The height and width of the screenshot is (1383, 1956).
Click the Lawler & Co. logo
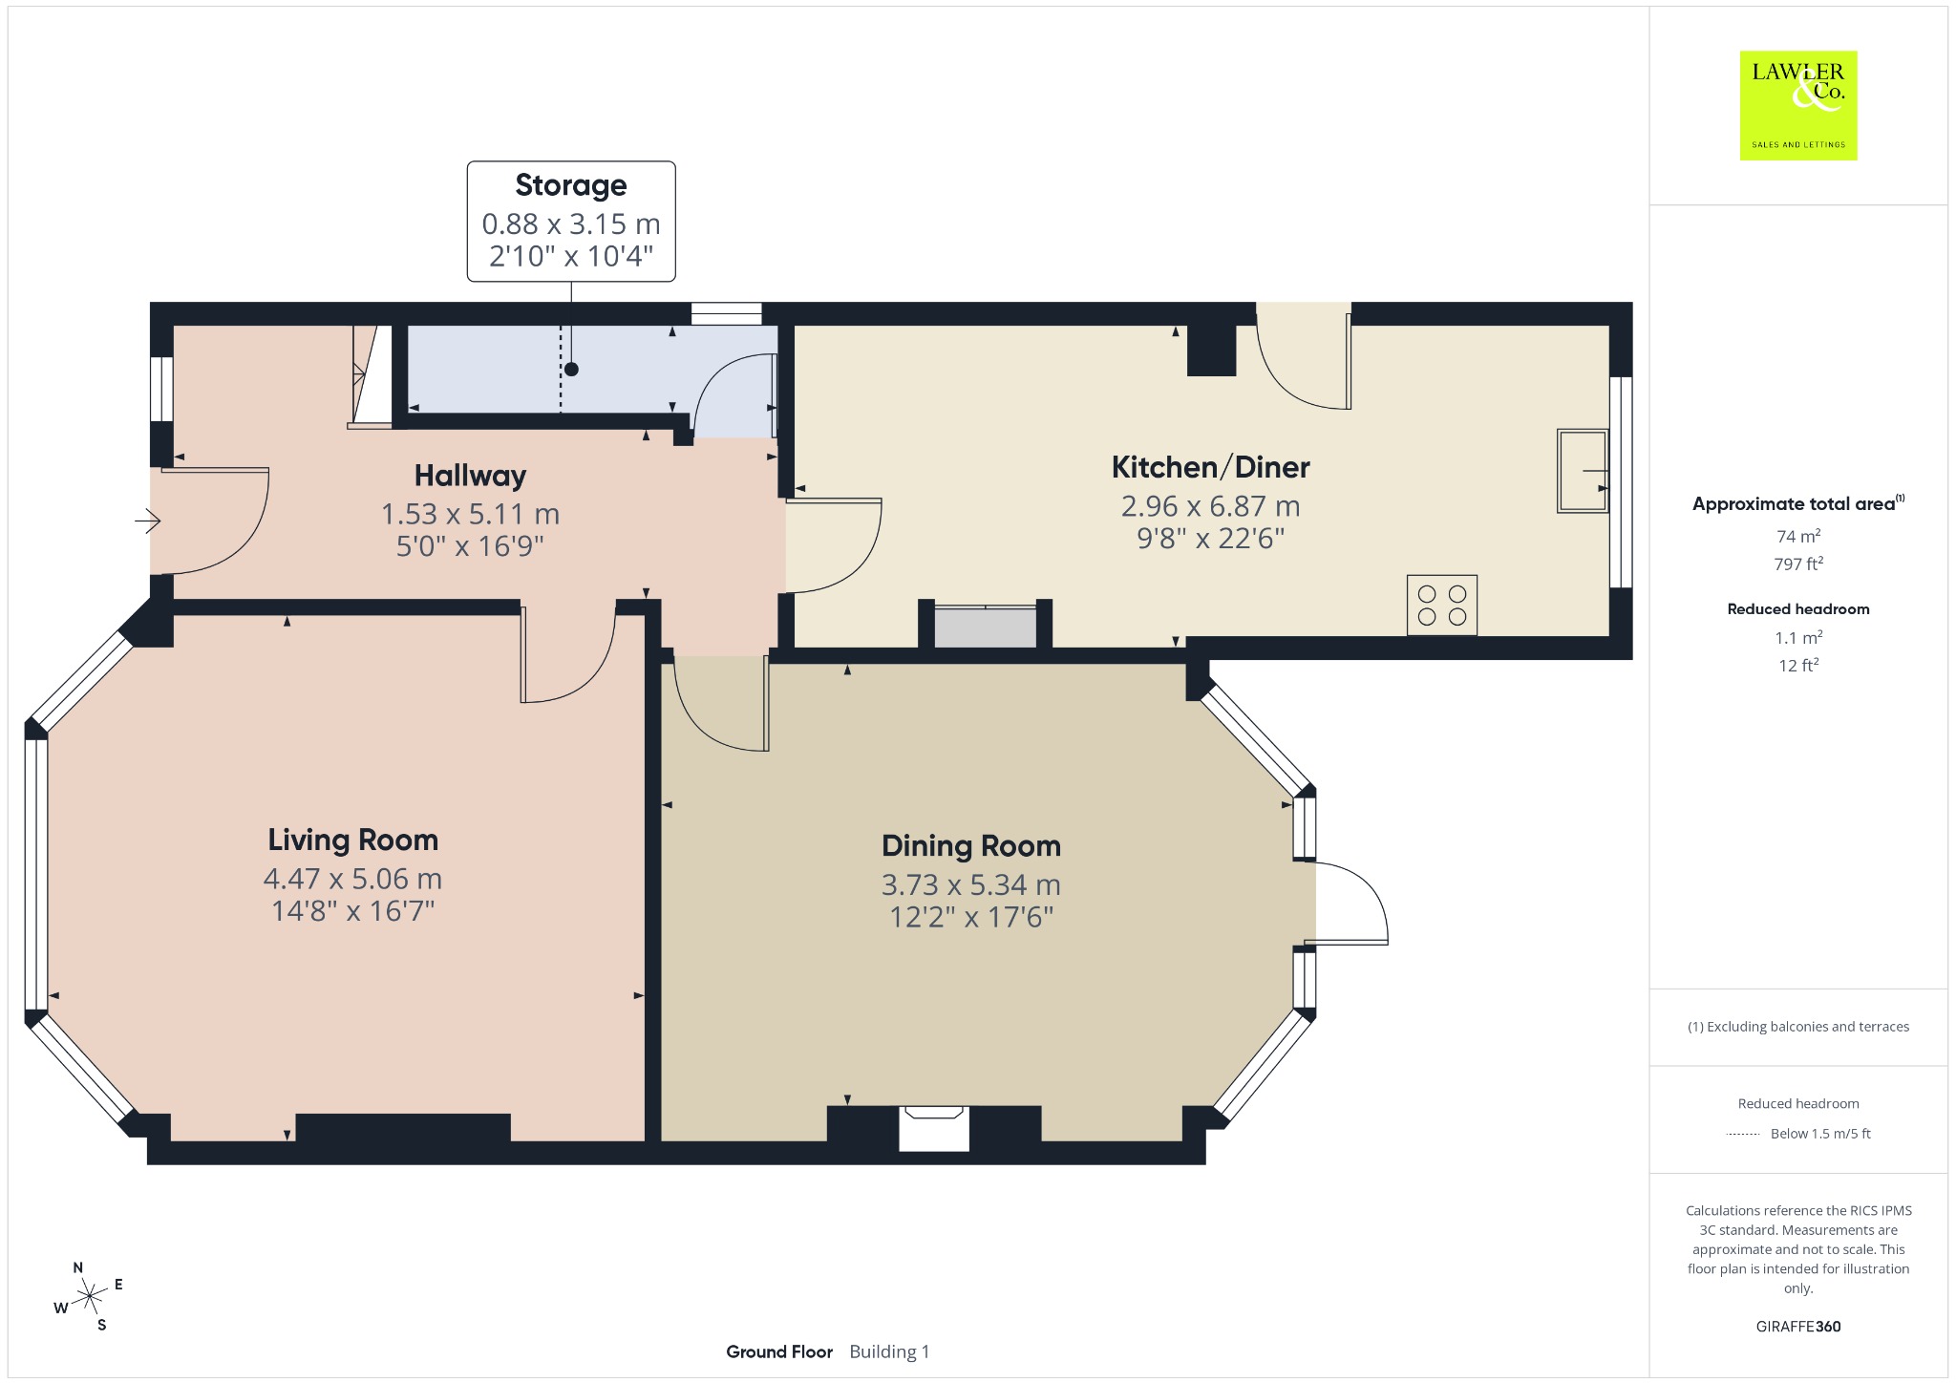(x=1797, y=105)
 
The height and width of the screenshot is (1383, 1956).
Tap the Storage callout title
(x=571, y=184)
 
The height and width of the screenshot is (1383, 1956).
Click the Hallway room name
(x=470, y=476)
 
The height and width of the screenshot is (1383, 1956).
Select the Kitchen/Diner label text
(x=1210, y=467)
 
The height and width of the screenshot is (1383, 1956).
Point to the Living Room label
(x=352, y=840)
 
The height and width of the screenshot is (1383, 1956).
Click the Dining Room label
(x=970, y=845)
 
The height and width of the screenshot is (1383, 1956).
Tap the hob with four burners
(x=1442, y=606)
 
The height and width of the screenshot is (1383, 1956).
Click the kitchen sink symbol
(x=1583, y=471)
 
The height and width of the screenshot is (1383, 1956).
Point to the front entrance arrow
(x=147, y=521)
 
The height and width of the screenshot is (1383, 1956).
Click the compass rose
(x=89, y=1296)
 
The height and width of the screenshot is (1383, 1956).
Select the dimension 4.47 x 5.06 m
(x=352, y=879)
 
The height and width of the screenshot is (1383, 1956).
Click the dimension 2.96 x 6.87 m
(x=1210, y=506)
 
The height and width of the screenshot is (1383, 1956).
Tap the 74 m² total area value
(x=1798, y=536)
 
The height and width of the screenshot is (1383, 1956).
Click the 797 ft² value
(x=1798, y=564)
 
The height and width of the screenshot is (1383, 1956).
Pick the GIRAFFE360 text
(x=1798, y=1326)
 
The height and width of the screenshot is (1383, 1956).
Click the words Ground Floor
(x=779, y=1351)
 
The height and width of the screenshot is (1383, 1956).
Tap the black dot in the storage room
(x=571, y=370)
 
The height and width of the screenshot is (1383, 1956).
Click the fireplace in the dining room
(x=933, y=1127)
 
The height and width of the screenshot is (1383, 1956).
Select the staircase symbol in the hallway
(x=371, y=376)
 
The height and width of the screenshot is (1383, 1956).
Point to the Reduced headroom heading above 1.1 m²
(x=1798, y=608)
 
